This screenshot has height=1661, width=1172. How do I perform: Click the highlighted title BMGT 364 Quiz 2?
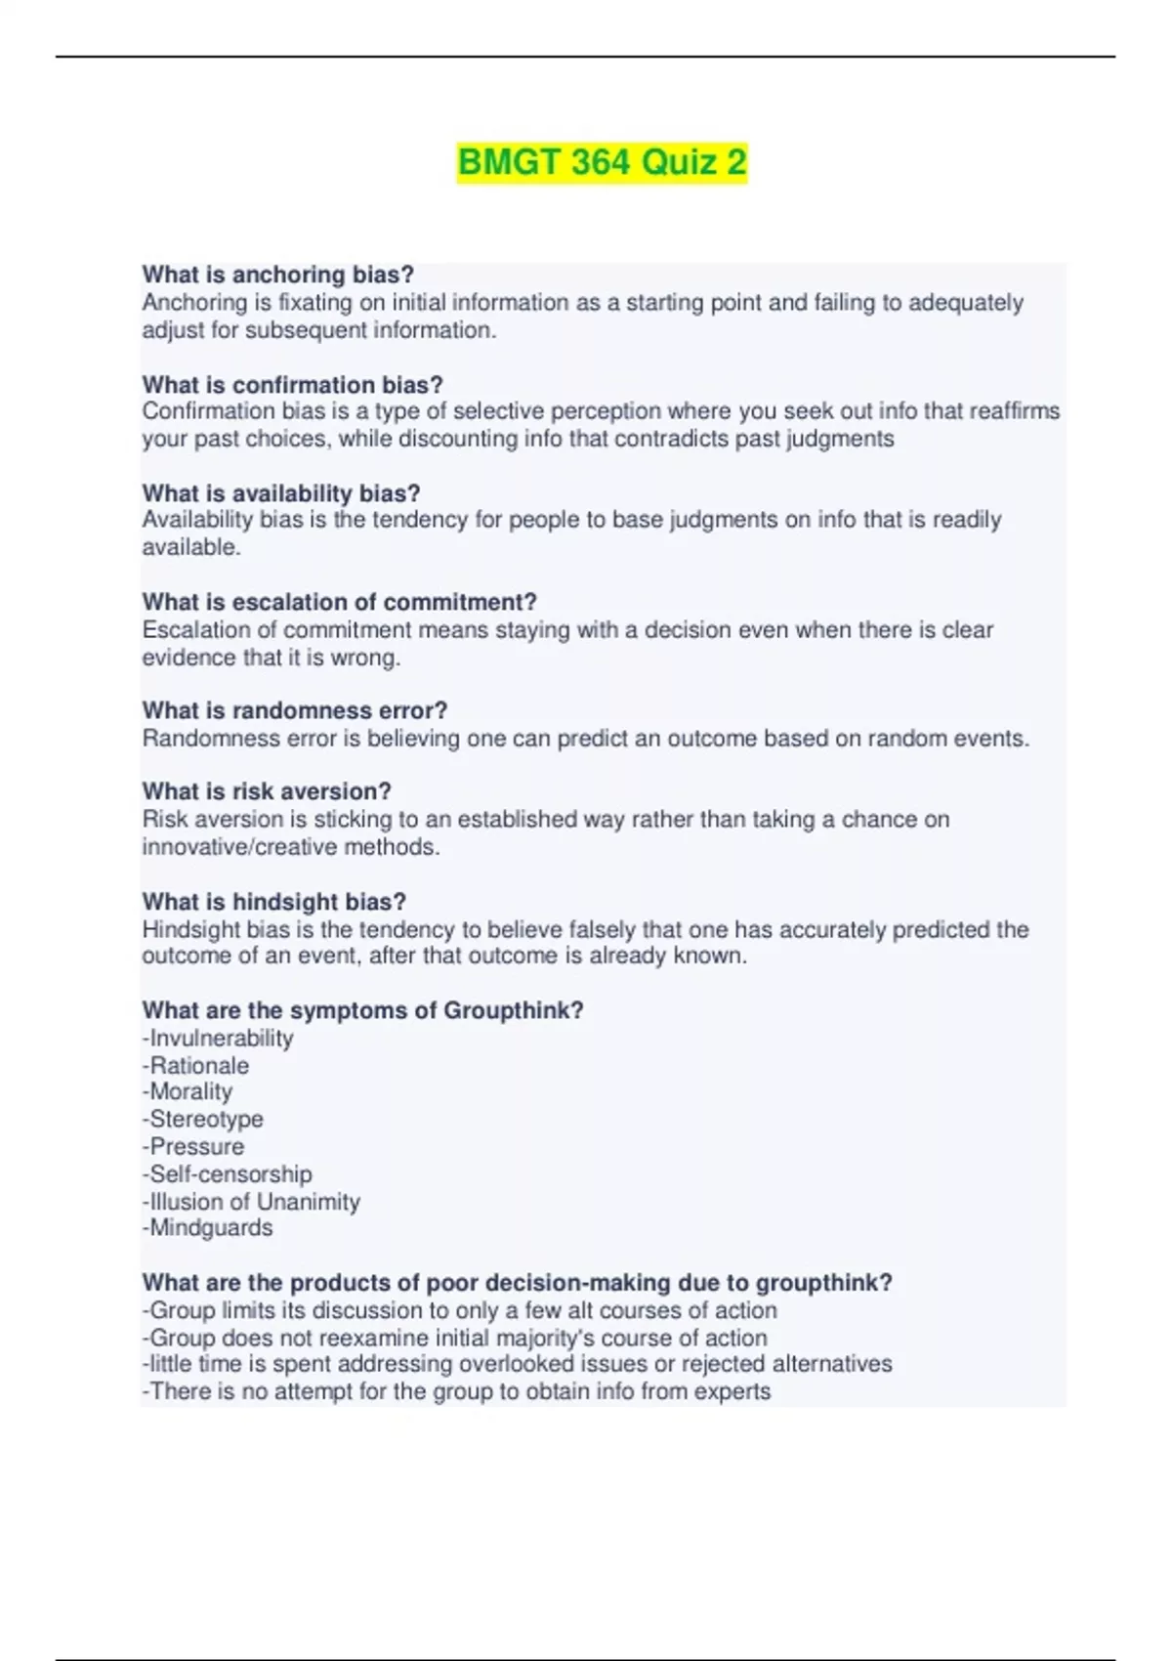pyautogui.click(x=602, y=162)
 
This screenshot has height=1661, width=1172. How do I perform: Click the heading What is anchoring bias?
pyautogui.click(x=278, y=275)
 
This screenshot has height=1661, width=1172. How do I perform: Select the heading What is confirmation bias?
pyautogui.click(x=293, y=384)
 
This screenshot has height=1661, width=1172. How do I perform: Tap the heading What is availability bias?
pyautogui.click(x=281, y=493)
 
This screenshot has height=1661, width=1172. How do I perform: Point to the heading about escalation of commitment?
pyautogui.click(x=339, y=602)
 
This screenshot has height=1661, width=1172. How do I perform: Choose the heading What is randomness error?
pyautogui.click(x=295, y=710)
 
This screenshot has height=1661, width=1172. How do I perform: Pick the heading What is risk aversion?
pyautogui.click(x=267, y=791)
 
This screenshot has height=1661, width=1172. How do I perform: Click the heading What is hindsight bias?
pyautogui.click(x=274, y=901)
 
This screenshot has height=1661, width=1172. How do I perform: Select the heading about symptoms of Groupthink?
pyautogui.click(x=362, y=1010)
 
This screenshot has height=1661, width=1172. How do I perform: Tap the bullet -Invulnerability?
pyautogui.click(x=218, y=1038)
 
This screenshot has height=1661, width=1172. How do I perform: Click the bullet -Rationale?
pyautogui.click(x=195, y=1065)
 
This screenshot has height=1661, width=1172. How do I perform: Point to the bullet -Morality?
pyautogui.click(x=188, y=1091)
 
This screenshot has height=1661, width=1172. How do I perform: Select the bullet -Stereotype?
pyautogui.click(x=203, y=1119)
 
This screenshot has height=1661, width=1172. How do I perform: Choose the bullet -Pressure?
pyautogui.click(x=193, y=1146)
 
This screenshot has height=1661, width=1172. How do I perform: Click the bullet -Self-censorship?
pyautogui.click(x=228, y=1173)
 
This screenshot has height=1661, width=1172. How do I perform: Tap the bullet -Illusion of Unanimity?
pyautogui.click(x=251, y=1201)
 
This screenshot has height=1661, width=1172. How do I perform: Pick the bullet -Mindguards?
pyautogui.click(x=208, y=1227)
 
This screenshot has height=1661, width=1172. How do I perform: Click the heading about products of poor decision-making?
pyautogui.click(x=517, y=1282)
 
